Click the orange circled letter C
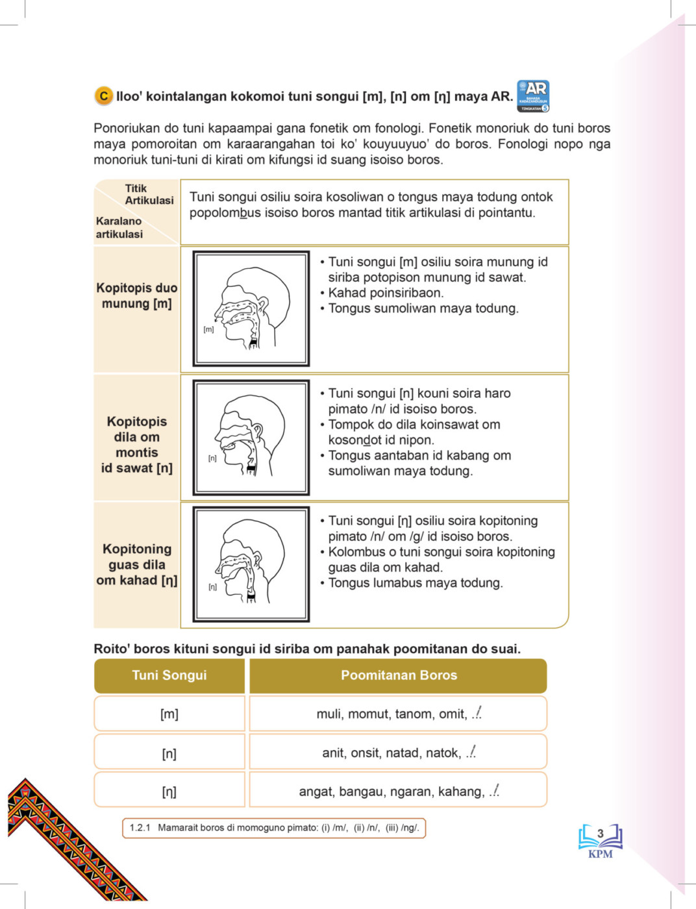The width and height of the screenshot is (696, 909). (x=103, y=96)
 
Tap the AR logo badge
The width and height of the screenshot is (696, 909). (x=533, y=95)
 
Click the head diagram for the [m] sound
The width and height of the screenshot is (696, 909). (x=251, y=308)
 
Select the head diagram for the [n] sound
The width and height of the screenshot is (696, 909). (x=251, y=437)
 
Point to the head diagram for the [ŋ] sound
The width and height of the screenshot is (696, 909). (x=251, y=564)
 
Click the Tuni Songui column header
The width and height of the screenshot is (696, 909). (x=169, y=675)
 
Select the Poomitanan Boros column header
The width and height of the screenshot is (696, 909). (x=399, y=675)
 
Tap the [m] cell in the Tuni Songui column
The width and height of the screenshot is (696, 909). (x=169, y=714)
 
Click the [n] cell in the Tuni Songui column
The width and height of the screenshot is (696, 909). (x=169, y=753)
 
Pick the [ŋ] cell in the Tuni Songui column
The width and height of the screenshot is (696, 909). (x=169, y=791)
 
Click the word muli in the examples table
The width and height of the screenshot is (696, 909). (x=329, y=714)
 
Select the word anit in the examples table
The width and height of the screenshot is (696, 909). (x=334, y=753)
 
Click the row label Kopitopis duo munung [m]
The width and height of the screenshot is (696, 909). (x=136, y=295)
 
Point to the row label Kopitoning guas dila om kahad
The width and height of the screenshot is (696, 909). (x=136, y=564)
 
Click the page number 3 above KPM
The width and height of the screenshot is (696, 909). (x=601, y=834)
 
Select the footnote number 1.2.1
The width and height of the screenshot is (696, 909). (x=140, y=828)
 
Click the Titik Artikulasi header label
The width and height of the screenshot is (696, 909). (x=149, y=194)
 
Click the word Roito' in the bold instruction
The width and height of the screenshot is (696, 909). (x=112, y=649)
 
